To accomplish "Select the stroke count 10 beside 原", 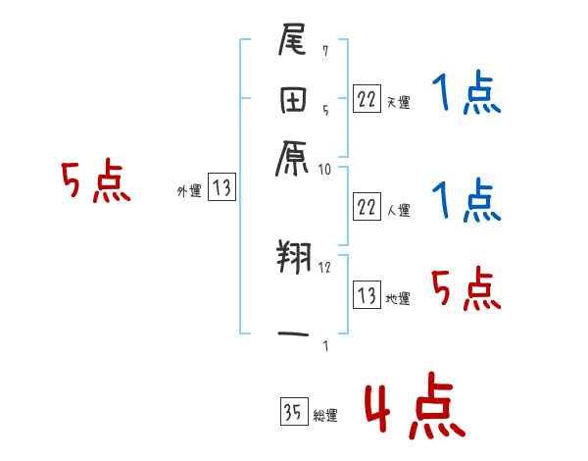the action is coord(325,169).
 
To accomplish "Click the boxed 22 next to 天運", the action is coord(367,99).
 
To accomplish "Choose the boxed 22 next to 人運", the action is coord(367,207).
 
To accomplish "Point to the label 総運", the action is coord(325,415).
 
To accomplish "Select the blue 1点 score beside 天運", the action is coord(466,95).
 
